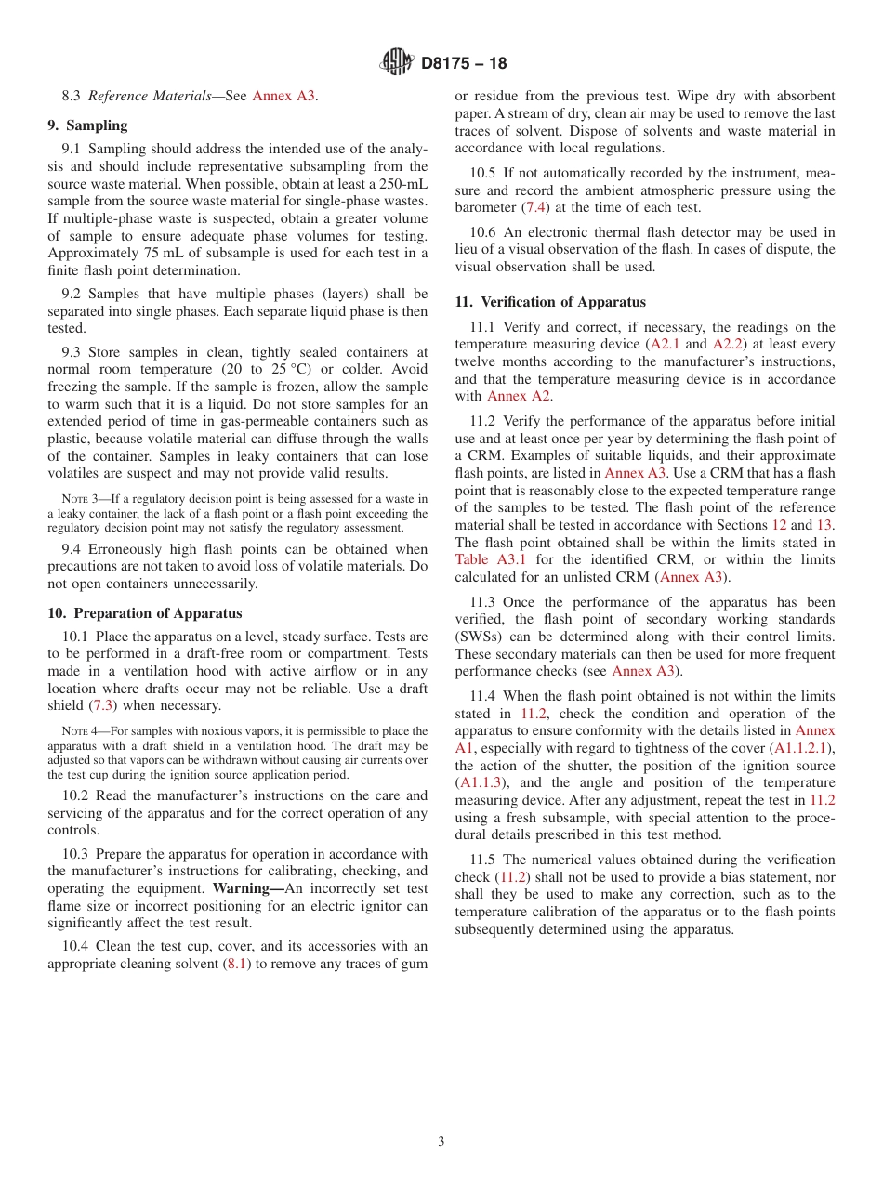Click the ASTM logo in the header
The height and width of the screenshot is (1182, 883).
click(x=397, y=63)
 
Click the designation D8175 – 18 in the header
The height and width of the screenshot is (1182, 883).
click(x=464, y=64)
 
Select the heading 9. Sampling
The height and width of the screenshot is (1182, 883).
click(x=87, y=125)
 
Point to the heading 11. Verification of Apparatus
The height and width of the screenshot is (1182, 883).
click(x=549, y=302)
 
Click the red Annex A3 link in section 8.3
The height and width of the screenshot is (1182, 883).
click(x=283, y=96)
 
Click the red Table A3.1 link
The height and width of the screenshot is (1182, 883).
click(x=491, y=559)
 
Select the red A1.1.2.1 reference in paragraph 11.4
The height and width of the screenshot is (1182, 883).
click(x=803, y=748)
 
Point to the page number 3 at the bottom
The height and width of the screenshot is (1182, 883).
click(x=441, y=1142)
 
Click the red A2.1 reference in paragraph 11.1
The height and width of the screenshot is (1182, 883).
click(x=665, y=344)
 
